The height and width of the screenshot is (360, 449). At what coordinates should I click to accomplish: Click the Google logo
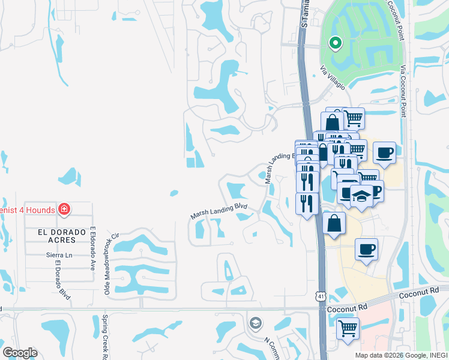20,353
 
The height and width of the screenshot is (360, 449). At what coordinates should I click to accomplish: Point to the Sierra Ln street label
59,255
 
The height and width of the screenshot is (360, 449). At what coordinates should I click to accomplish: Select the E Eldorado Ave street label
93,248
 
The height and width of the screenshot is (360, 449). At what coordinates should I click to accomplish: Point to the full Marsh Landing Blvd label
219,210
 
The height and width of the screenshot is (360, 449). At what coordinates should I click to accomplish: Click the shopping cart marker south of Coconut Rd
348,328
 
